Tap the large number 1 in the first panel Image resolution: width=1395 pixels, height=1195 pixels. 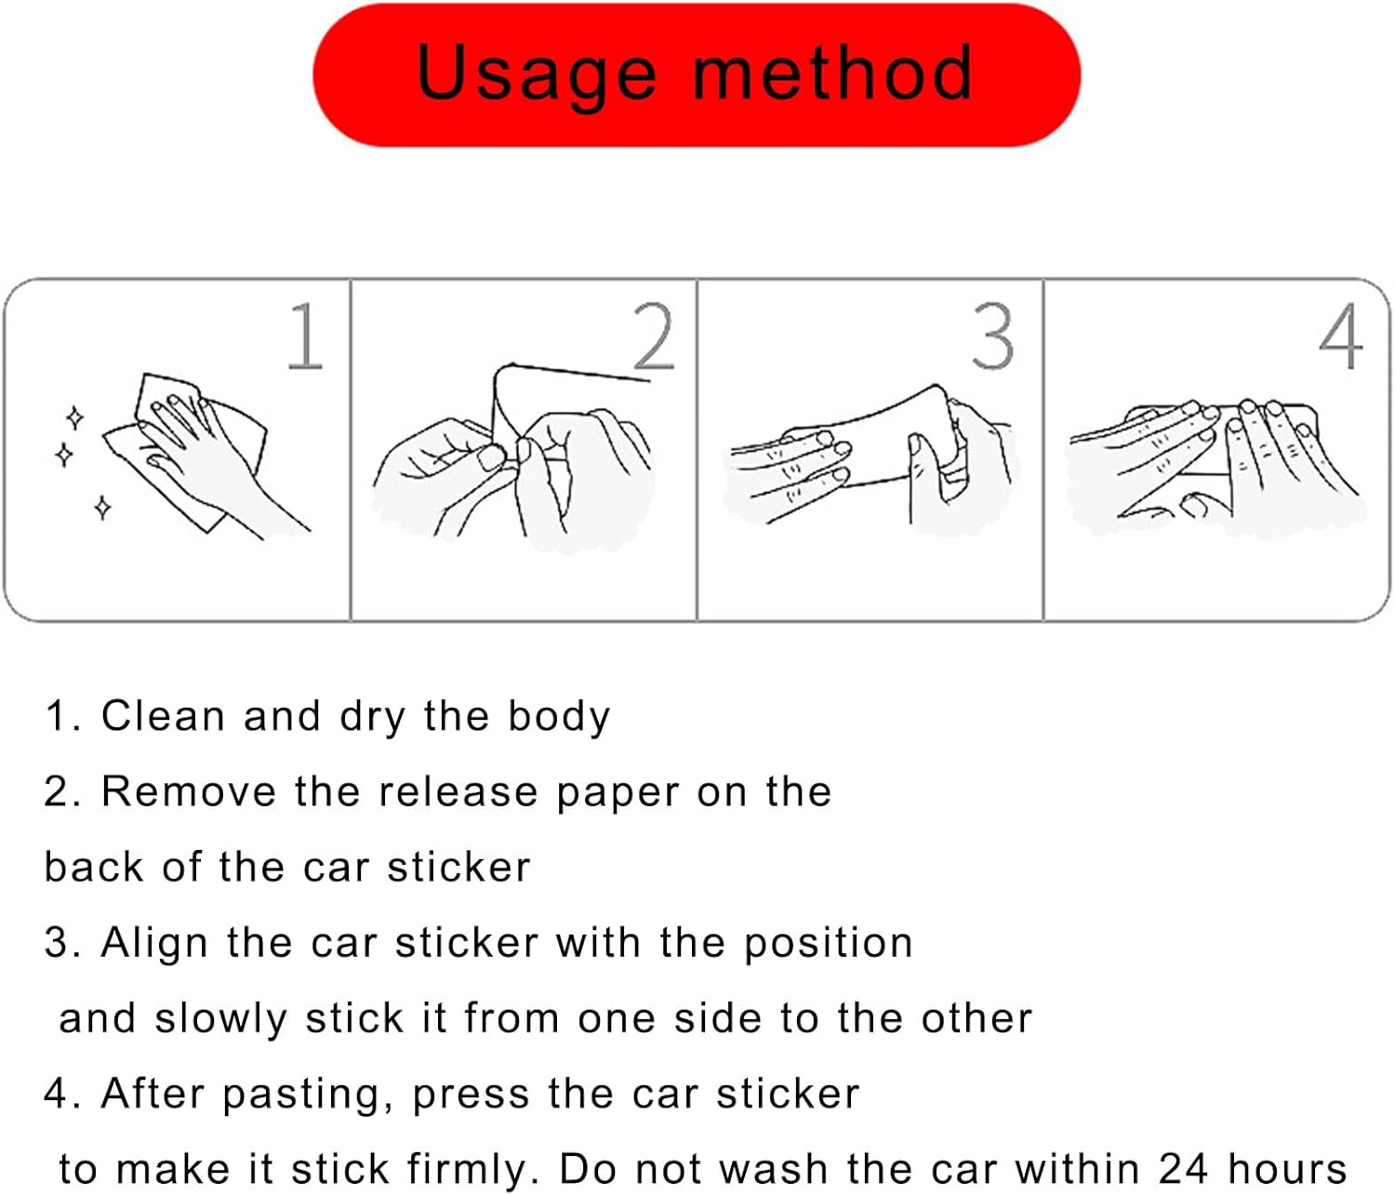coord(306,336)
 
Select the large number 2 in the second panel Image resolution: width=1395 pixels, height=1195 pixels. coord(653,336)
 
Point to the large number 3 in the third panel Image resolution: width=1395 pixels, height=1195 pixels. coord(992,336)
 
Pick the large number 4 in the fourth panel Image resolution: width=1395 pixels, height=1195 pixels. coord(1340,336)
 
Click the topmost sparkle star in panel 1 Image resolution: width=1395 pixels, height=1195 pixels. coord(75,418)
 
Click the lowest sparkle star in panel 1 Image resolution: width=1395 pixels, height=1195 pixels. coord(102,507)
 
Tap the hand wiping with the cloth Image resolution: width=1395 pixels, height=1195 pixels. coord(203,458)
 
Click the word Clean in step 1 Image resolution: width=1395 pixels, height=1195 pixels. coord(163,716)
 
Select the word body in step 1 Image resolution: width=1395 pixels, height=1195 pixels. coord(559,718)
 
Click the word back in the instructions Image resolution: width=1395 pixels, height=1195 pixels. coord(94,867)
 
